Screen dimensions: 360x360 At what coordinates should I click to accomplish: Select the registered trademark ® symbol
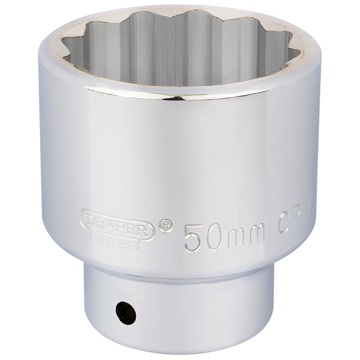[166, 225]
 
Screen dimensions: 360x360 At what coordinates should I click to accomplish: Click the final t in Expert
[141, 236]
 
